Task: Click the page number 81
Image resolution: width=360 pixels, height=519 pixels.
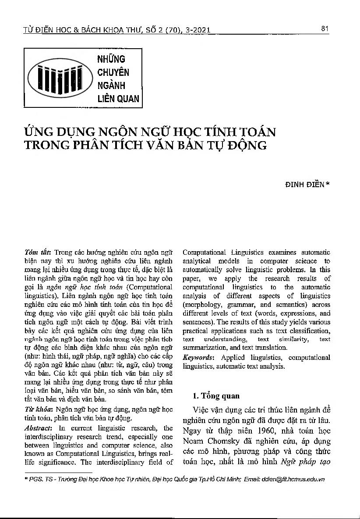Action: pyautogui.click(x=325, y=29)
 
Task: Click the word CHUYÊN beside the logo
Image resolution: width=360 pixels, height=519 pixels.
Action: pyautogui.click(x=113, y=72)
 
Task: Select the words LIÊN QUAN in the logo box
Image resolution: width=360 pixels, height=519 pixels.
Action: pyautogui.click(x=118, y=99)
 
